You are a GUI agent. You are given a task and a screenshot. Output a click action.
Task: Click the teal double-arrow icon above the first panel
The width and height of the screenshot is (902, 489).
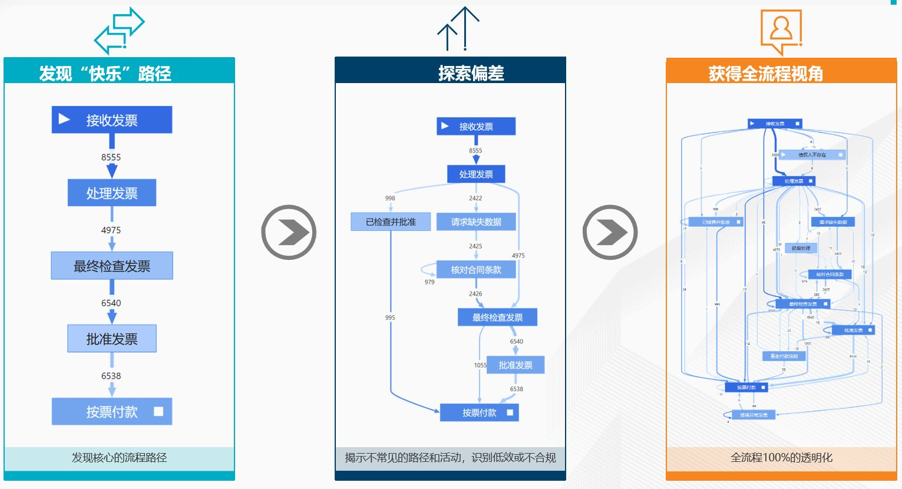pos(120,31)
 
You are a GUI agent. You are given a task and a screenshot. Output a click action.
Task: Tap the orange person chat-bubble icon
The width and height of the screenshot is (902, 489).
pos(781,31)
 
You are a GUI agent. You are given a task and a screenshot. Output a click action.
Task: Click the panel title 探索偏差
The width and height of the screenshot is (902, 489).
pos(471,73)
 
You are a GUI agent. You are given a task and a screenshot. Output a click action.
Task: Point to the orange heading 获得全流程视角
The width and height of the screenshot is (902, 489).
pos(765,74)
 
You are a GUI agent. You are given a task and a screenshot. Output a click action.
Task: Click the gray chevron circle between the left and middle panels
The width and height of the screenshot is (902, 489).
pos(289,232)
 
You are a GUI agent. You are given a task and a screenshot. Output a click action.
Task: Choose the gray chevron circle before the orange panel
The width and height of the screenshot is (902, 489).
pos(610,232)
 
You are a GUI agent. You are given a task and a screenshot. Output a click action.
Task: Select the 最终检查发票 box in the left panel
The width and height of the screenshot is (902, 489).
pos(112,266)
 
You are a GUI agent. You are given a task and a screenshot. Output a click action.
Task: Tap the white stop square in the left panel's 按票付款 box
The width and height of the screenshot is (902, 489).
pos(158,411)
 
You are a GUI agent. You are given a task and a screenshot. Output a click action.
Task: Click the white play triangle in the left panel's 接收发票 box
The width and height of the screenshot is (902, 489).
pos(64,120)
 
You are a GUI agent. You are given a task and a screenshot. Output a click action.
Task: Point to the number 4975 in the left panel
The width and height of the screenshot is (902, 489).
pos(111,230)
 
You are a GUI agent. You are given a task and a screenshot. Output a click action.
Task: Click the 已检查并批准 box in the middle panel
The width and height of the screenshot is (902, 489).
pos(391,222)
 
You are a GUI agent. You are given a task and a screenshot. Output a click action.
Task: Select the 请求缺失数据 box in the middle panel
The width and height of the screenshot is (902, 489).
pos(476,222)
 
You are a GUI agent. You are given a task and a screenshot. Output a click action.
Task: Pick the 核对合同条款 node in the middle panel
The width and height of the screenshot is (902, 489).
pos(476,270)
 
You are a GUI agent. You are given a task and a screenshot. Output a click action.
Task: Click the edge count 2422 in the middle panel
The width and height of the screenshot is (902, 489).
pos(475,199)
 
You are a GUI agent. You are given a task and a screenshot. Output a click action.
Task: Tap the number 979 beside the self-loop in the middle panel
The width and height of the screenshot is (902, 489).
pos(429,282)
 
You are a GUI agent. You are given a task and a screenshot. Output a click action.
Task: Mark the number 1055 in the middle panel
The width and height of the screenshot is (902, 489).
pos(480,365)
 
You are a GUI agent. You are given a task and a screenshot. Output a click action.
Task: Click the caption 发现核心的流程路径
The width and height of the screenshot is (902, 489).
pos(119,458)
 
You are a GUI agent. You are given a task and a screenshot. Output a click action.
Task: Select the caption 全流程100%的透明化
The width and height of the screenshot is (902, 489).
pos(781,458)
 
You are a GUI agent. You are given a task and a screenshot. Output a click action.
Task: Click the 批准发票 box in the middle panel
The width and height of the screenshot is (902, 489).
pos(516,365)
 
